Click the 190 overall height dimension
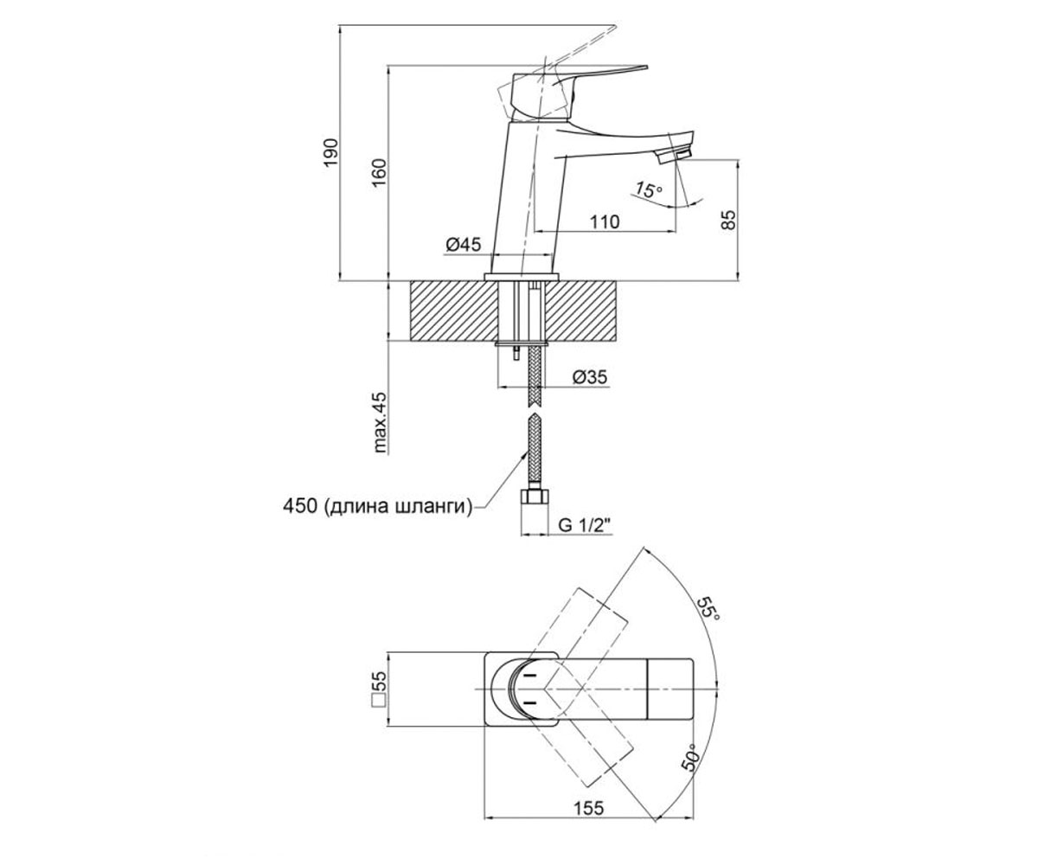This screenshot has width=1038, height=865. [x=331, y=152]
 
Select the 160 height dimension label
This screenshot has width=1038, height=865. [x=379, y=172]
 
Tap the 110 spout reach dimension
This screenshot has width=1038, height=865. [x=605, y=221]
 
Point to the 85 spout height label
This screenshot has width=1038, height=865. [x=727, y=219]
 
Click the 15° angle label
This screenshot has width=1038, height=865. [x=648, y=189]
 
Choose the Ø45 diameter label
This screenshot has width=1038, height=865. [x=464, y=244]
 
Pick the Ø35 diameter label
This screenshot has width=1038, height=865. [x=590, y=377]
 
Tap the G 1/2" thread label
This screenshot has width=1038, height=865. [x=584, y=525]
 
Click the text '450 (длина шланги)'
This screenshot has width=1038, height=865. [x=376, y=507]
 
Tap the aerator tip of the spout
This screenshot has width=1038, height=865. [x=673, y=154]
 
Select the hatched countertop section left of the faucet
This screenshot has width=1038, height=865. [x=454, y=311]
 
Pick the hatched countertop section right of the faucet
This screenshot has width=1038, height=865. [x=581, y=311]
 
